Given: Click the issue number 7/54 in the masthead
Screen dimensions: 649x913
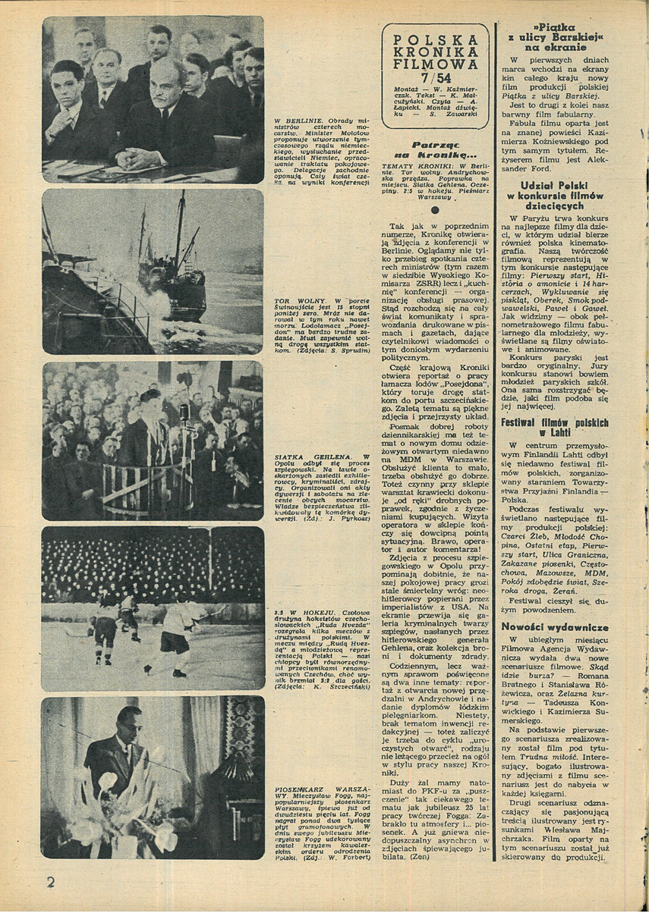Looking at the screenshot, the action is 436,77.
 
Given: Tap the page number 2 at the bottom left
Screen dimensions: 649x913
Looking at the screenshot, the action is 51,882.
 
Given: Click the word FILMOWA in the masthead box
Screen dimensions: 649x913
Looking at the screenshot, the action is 436,64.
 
